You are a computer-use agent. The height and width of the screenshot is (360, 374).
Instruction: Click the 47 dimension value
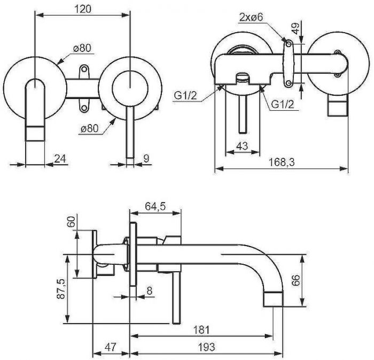pos(110,347)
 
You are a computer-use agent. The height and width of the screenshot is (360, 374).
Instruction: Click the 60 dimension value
pos(70,221)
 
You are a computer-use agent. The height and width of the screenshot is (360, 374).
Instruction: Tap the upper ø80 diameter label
pos(82,48)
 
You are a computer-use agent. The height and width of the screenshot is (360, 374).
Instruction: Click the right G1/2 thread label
pos(282,105)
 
